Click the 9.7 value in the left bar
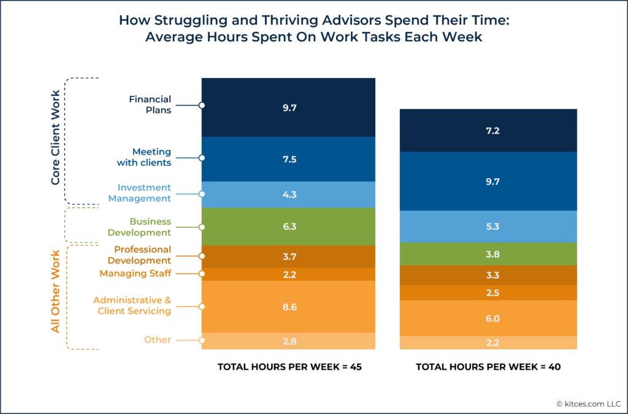288,107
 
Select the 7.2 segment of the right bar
488,131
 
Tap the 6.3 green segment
288,227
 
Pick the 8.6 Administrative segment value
288,307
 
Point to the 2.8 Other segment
288,341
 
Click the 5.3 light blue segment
488,227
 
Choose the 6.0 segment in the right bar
488,318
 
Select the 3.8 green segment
488,254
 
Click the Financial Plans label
150,105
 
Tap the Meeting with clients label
144,157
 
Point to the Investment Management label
140,193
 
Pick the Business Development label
139,227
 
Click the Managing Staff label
135,273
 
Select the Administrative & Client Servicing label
132,305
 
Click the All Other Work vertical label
55,291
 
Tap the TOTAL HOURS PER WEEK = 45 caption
288,367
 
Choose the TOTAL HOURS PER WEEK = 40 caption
488,367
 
